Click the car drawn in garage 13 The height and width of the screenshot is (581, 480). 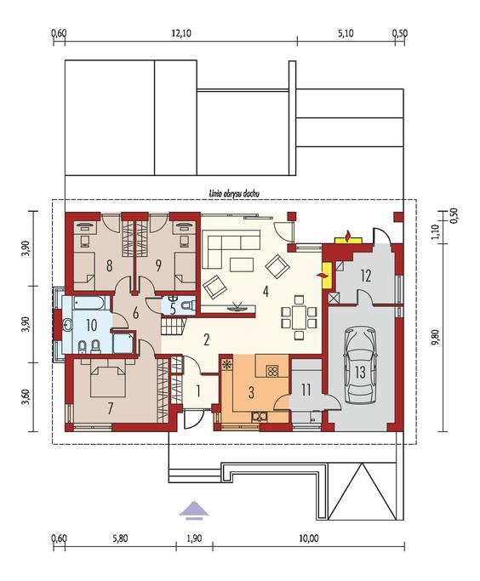click(360, 364)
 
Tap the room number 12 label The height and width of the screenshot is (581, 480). click(365, 276)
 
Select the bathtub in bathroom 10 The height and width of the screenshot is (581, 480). click(92, 303)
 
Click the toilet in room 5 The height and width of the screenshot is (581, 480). click(189, 305)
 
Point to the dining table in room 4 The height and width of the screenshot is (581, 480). click(300, 316)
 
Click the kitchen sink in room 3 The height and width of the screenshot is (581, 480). click(260, 417)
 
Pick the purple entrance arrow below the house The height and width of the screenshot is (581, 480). click(194, 510)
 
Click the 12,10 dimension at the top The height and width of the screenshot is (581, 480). click(181, 33)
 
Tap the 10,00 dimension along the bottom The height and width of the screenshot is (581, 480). click(309, 538)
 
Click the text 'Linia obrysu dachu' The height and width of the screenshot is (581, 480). click(234, 193)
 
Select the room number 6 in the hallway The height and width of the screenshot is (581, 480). click(135, 314)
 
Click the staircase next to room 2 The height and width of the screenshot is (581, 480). click(174, 326)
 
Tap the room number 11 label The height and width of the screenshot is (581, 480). click(306, 390)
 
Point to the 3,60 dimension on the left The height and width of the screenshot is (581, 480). click(26, 397)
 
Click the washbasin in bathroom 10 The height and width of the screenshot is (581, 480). click(68, 325)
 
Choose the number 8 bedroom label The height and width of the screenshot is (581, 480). click(109, 265)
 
